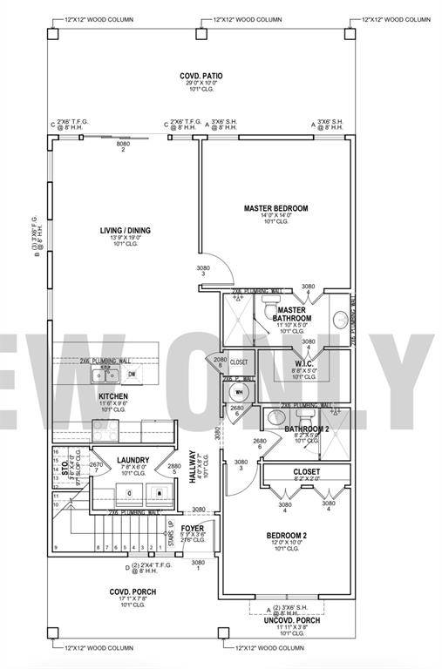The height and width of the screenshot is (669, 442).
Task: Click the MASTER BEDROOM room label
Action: (x=275, y=208)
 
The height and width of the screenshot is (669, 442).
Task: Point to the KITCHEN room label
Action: (x=113, y=395)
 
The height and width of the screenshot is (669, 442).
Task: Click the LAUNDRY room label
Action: (x=133, y=460)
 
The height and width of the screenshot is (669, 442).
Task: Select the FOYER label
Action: (x=193, y=528)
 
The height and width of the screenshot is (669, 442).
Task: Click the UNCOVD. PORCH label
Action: (x=291, y=619)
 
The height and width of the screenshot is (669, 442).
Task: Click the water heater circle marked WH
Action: (x=237, y=392)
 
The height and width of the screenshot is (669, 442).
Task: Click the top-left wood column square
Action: (x=51, y=34)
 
